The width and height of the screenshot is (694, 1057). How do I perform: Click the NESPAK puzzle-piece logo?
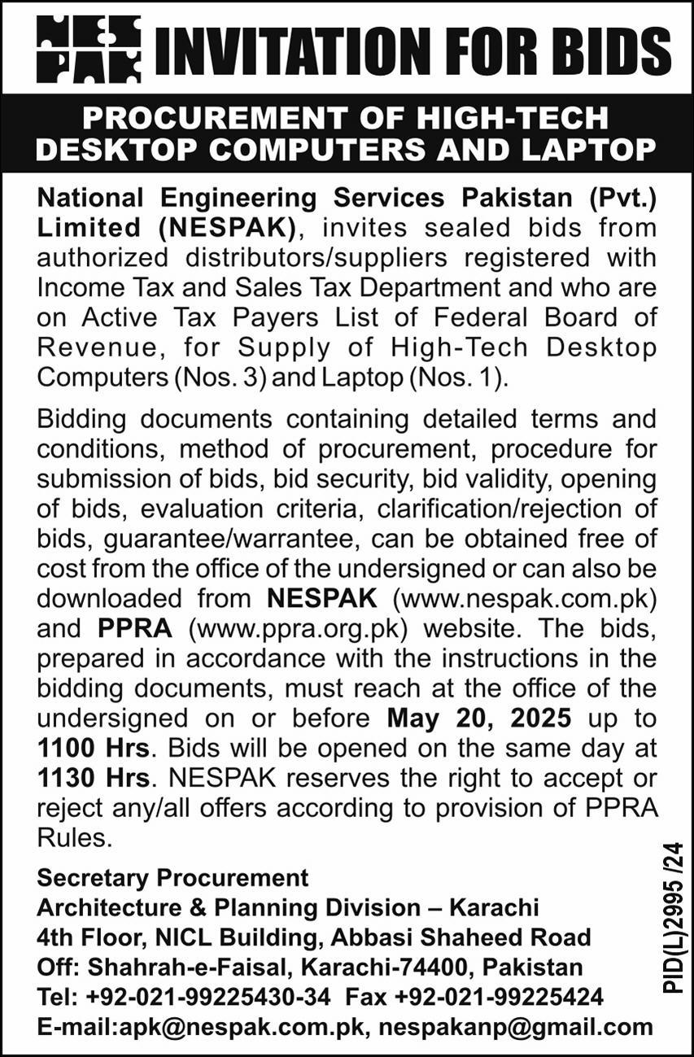tap(89, 50)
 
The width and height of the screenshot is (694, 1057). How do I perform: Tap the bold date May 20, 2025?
tap(478, 718)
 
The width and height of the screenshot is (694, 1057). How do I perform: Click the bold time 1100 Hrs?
tap(93, 749)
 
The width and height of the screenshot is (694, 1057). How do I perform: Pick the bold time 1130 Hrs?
tap(93, 779)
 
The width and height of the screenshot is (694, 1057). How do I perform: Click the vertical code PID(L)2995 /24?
tap(674, 919)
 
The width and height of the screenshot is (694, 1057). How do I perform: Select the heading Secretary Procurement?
tap(172, 878)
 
